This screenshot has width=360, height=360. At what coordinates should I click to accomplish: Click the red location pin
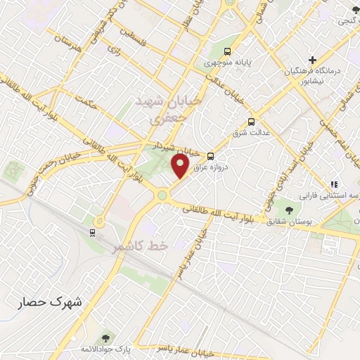(180, 166)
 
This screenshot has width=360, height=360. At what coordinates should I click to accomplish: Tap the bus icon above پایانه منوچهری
(227, 52)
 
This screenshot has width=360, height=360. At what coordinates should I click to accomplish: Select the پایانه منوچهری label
(227, 63)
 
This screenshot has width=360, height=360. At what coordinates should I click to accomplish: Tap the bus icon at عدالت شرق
(252, 122)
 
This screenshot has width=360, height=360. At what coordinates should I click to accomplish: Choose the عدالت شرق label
(250, 133)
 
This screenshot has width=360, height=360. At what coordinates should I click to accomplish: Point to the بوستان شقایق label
(290, 222)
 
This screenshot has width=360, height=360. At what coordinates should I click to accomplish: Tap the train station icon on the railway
(92, 232)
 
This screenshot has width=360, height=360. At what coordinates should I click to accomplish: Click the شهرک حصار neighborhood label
(50, 302)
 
